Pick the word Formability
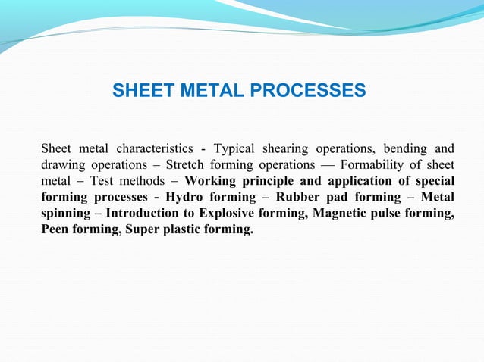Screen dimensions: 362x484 click(x=382, y=164)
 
